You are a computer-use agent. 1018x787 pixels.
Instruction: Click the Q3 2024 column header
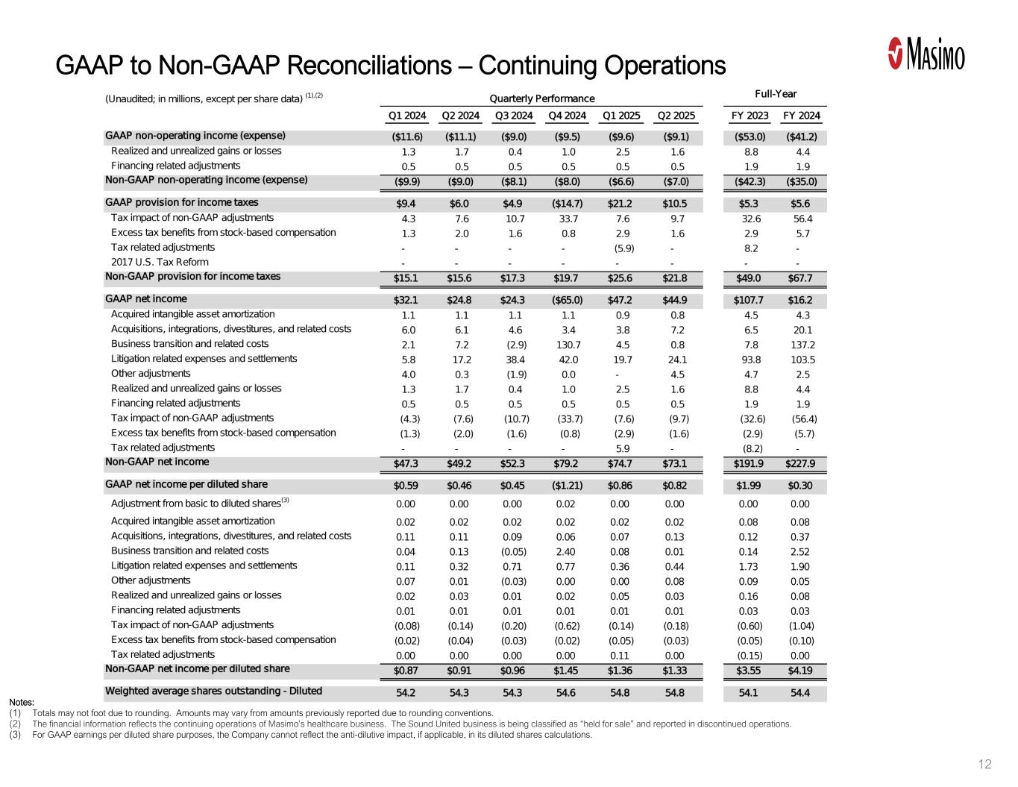tap(514, 116)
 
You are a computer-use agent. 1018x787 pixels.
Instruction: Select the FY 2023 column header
tap(749, 116)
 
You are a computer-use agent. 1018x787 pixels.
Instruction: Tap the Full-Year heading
tap(776, 94)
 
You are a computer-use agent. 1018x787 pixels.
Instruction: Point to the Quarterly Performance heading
tap(541, 98)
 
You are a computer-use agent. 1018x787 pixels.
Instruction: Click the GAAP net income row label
tap(141, 300)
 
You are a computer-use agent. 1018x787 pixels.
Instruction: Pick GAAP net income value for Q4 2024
tap(567, 301)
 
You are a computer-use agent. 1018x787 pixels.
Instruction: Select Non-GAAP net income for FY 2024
tap(801, 463)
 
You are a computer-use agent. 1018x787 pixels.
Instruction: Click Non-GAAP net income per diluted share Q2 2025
tap(674, 670)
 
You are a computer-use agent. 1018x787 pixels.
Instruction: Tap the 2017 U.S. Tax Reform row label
tap(160, 262)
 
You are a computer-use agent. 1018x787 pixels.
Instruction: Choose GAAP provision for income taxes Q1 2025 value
tap(620, 204)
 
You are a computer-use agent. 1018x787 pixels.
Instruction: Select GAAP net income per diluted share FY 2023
tap(749, 486)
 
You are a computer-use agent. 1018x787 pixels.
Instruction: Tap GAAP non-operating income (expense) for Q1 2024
tap(407, 137)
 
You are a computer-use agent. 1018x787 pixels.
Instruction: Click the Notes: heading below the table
tap(21, 702)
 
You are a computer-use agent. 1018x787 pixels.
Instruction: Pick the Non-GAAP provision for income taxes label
tap(192, 277)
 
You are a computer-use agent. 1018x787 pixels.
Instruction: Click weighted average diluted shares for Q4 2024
tap(567, 692)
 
